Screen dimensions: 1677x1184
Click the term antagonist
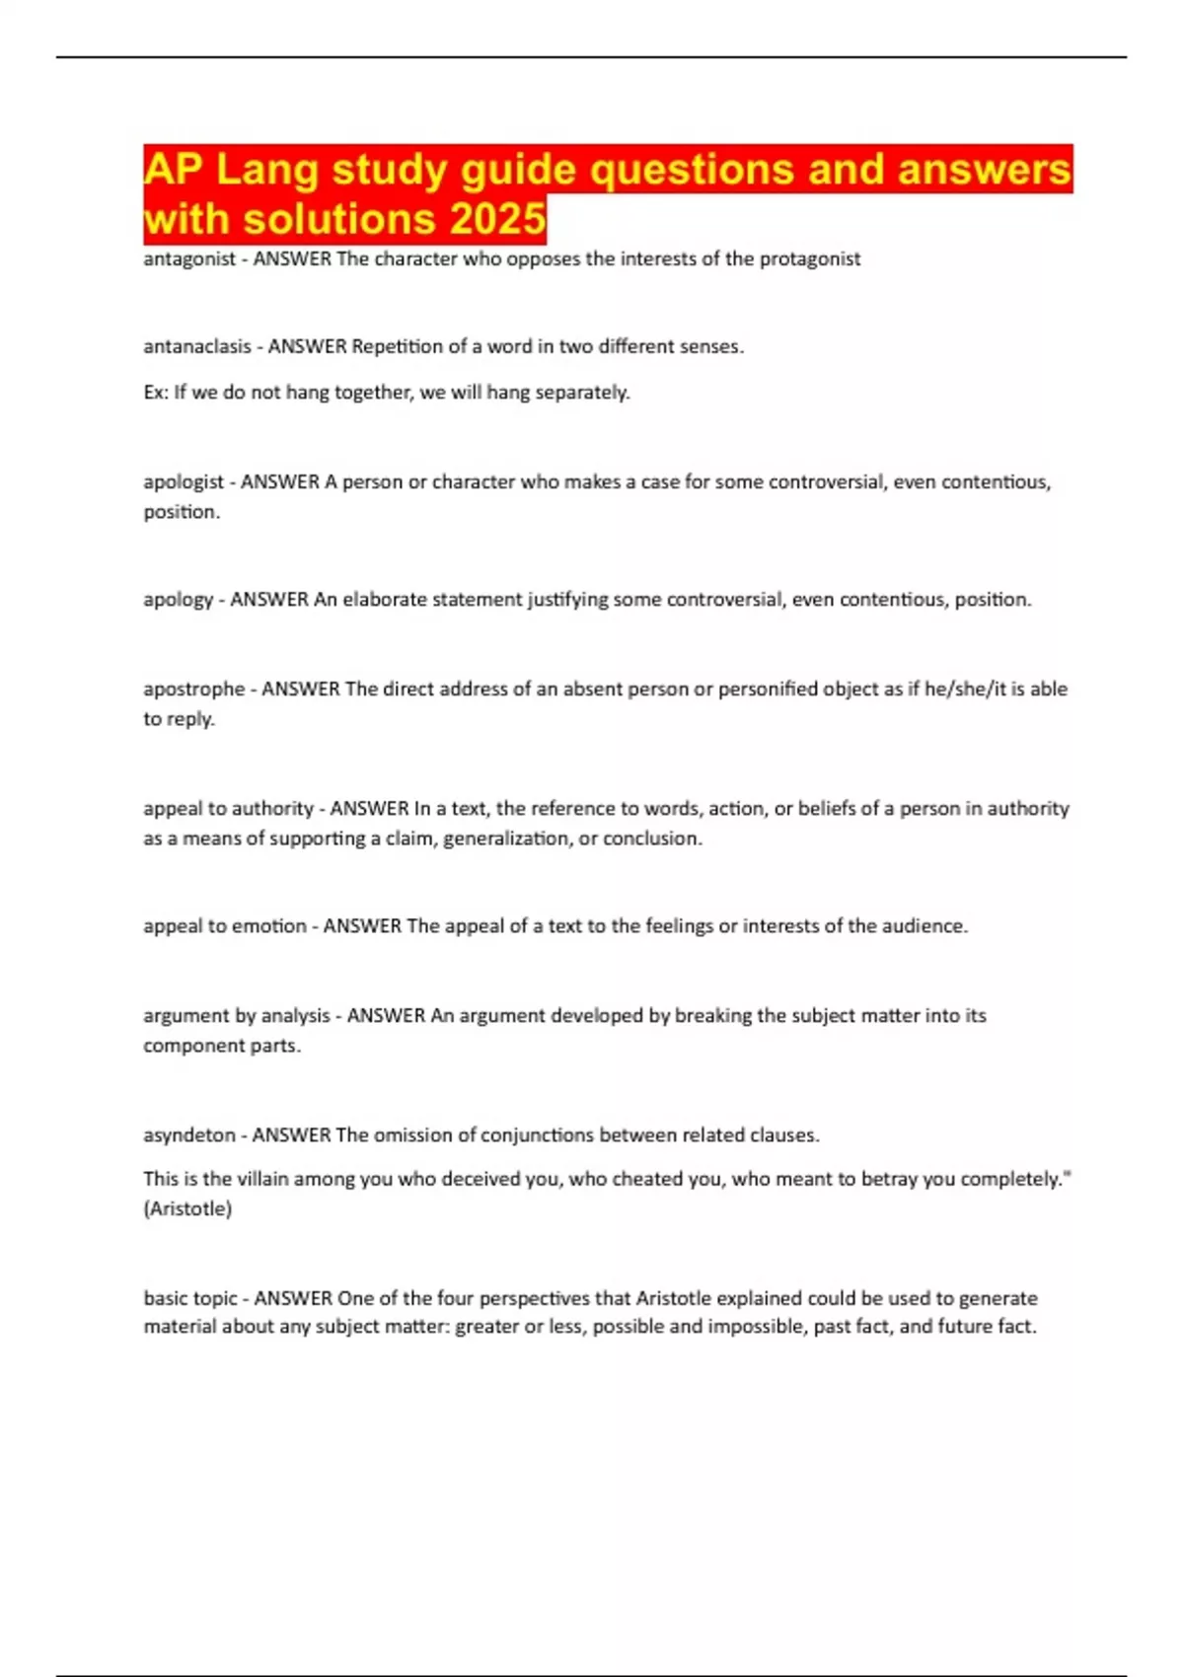click(x=189, y=259)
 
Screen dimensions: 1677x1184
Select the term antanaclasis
click(x=197, y=347)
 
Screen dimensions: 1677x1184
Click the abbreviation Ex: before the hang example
click(x=156, y=393)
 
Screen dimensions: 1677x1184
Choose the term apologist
click(x=184, y=482)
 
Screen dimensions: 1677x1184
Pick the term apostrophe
click(x=193, y=690)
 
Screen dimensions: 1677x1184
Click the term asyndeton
click(x=189, y=1135)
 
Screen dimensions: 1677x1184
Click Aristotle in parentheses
click(x=187, y=1208)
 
